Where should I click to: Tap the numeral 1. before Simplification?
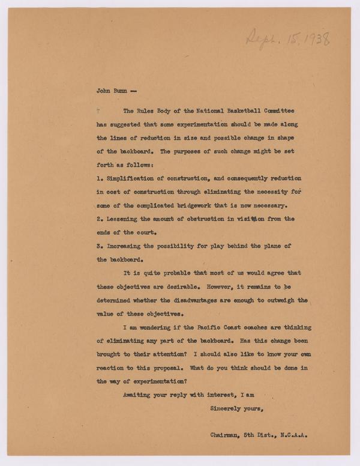click(x=100, y=178)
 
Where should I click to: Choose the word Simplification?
click(x=134, y=178)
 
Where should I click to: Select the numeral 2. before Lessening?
click(x=100, y=219)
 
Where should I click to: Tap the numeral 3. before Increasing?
click(x=100, y=246)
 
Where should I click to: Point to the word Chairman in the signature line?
click(x=228, y=439)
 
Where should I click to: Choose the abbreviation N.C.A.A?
click(x=298, y=439)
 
